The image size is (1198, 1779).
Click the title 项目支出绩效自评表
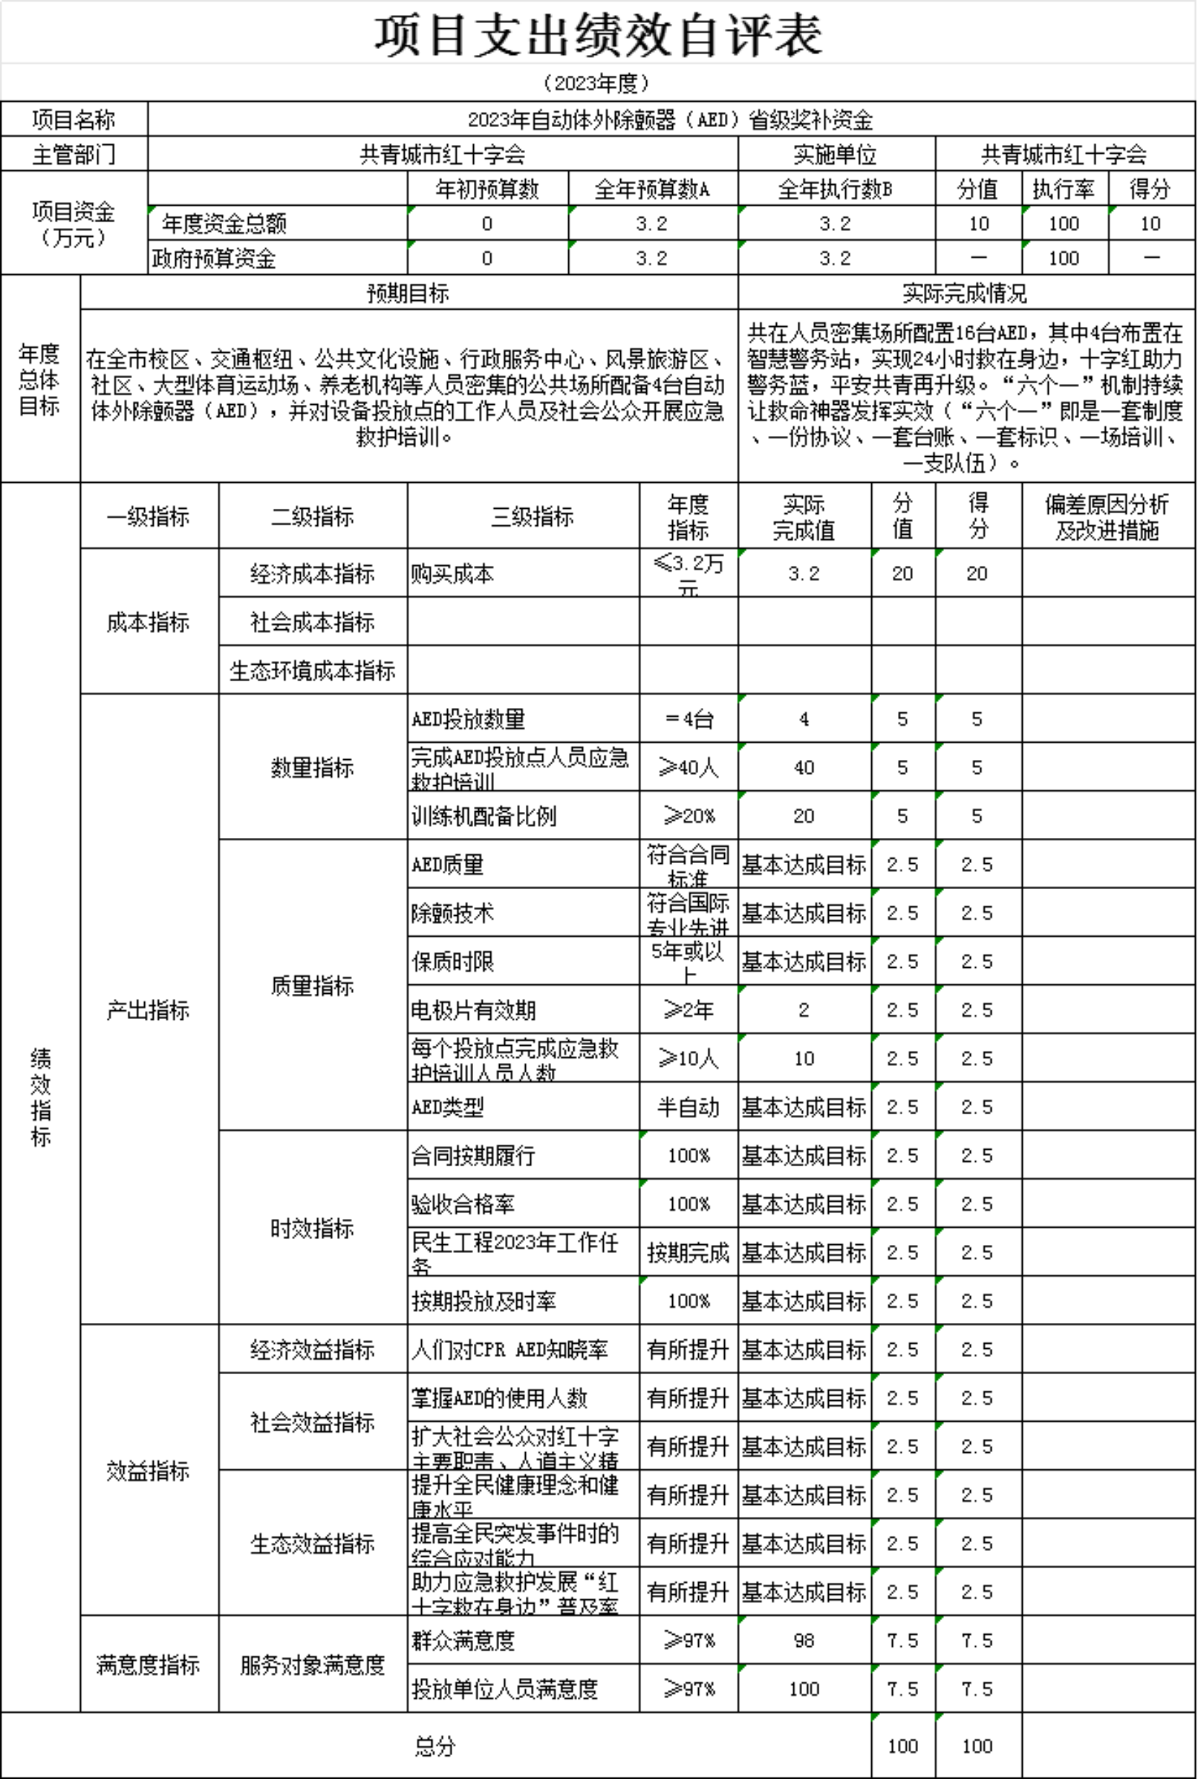pyautogui.click(x=598, y=35)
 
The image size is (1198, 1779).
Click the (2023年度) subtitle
pyautogui.click(x=598, y=83)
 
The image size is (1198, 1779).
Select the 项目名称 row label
pyautogui.click(x=74, y=120)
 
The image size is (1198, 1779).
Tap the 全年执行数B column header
pyautogui.click(x=835, y=189)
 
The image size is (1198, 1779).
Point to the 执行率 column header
pyautogui.click(x=1064, y=189)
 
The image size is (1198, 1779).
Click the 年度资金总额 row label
pyautogui.click(x=224, y=224)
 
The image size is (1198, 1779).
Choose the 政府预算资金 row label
pyautogui.click(x=214, y=258)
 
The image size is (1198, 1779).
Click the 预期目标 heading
pyautogui.click(x=408, y=293)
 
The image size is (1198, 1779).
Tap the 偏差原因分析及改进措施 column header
pyautogui.click(x=1107, y=516)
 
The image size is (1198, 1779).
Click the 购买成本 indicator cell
pyautogui.click(x=452, y=573)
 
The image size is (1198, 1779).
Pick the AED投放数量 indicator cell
pyautogui.click(x=468, y=720)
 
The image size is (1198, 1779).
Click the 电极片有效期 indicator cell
pyautogui.click(x=474, y=1010)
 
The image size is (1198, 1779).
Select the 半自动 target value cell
pyautogui.click(x=687, y=1107)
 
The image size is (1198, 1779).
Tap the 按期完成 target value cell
pyautogui.click(x=687, y=1252)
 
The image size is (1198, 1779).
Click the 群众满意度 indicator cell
pyautogui.click(x=463, y=1640)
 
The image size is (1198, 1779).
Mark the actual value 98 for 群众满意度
pyautogui.click(x=803, y=1640)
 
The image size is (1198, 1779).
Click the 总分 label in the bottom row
pyautogui.click(x=435, y=1746)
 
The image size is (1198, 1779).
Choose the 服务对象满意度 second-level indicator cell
pyautogui.click(x=312, y=1665)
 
